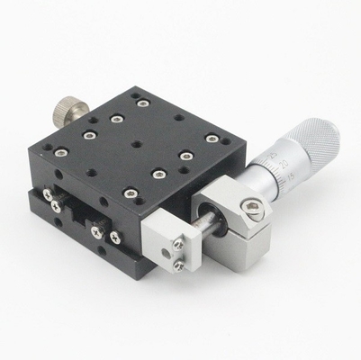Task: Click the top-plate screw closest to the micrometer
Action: pos(212,138)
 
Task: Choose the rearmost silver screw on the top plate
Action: pos(136,93)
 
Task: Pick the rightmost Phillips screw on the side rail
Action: pos(116,238)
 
